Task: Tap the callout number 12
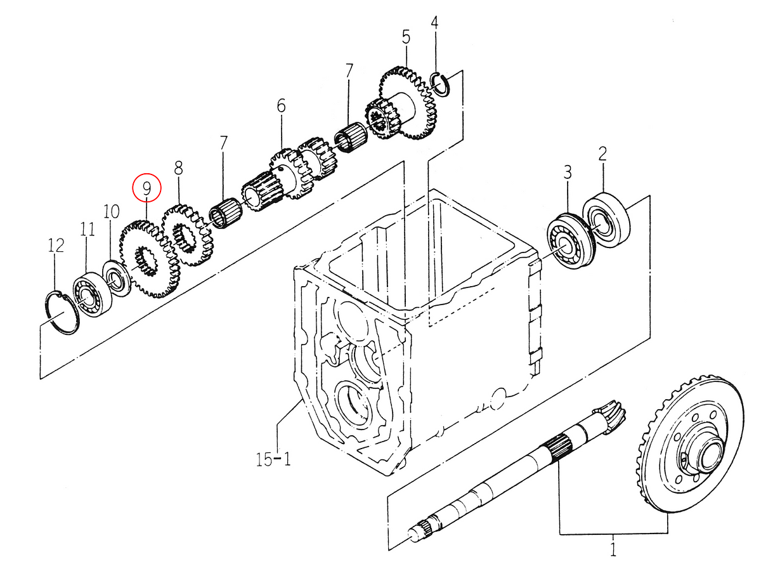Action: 56,246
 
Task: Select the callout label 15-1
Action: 273,459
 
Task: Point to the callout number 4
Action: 434,23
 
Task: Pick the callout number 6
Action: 281,105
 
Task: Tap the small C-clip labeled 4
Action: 441,84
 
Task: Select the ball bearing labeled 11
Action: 91,294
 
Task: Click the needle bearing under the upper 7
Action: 350,138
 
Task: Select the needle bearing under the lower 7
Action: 226,213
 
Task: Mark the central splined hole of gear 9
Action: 146,261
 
